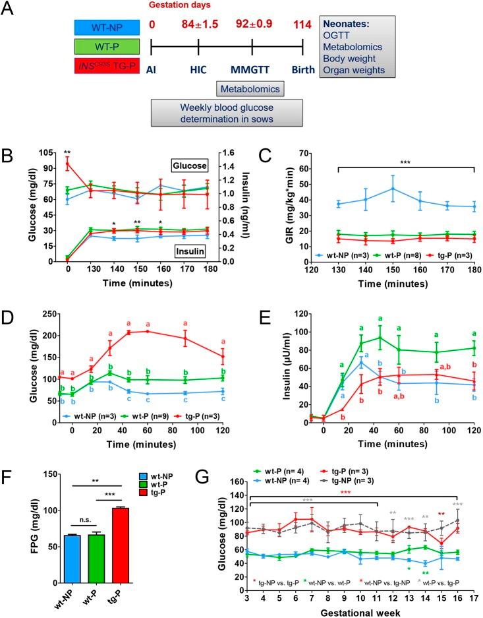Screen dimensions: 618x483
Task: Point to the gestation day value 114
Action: (301, 25)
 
